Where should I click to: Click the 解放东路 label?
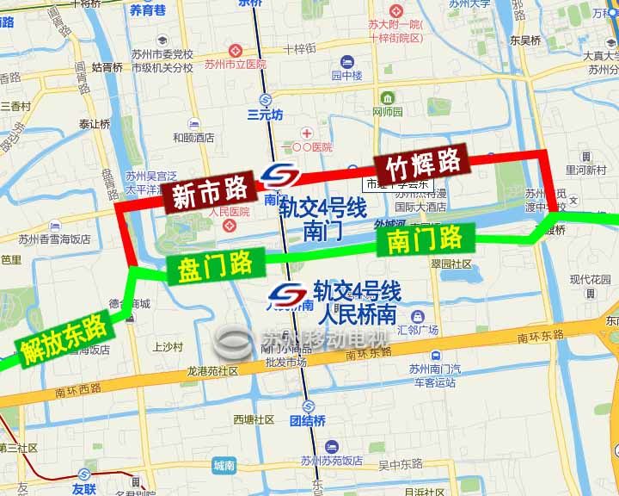tap(62, 338)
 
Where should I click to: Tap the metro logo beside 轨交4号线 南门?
tap(280, 177)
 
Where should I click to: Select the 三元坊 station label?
tap(265, 114)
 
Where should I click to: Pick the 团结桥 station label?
tap(307, 420)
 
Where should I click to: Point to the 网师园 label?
tap(387, 112)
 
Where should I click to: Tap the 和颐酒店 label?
tap(193, 137)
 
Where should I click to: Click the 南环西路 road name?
tap(77, 393)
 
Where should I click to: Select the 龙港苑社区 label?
tap(211, 370)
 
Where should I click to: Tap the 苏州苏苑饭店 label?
tap(331, 461)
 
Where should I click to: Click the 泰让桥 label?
tap(95, 124)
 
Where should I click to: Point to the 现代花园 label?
tap(589, 280)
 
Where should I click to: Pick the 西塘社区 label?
tap(253, 419)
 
